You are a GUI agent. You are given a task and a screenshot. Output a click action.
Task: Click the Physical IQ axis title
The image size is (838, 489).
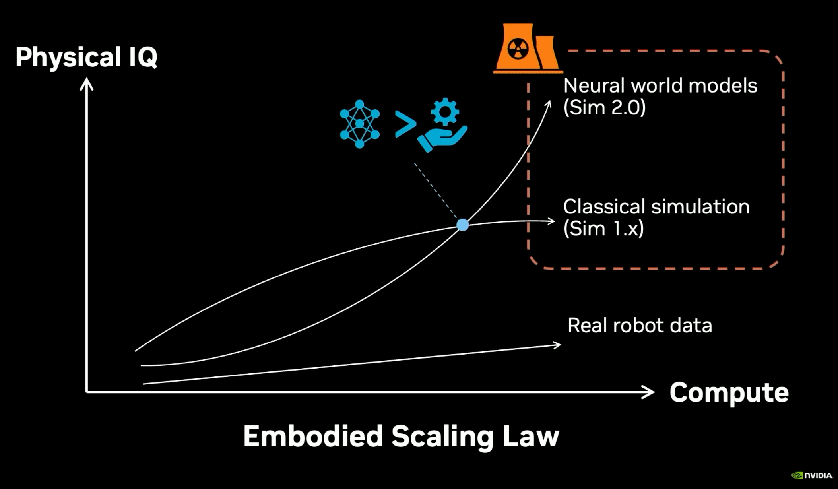86,57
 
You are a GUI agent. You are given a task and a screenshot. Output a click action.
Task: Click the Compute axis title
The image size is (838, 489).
729,392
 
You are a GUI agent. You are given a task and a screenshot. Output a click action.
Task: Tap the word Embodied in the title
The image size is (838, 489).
313,437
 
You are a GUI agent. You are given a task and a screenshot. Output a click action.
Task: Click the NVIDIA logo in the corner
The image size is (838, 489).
811,475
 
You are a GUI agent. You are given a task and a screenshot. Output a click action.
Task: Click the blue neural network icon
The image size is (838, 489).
359,124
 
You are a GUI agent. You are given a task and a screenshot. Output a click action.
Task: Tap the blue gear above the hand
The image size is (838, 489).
445,111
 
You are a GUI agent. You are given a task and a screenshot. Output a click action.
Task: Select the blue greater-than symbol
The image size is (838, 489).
405,124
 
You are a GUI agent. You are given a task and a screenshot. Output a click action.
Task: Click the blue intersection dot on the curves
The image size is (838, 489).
462,225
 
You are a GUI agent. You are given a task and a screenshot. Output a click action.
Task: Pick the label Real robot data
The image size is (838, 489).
639,326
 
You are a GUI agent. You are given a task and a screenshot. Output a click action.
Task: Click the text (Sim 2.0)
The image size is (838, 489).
604,107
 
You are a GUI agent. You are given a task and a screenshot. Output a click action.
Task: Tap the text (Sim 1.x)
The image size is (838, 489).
603,229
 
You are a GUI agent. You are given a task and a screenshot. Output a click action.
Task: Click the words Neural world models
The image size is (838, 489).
660,85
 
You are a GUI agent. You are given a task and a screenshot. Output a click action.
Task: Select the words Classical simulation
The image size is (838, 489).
656,207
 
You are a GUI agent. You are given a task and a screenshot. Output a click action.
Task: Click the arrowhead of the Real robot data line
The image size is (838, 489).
557,345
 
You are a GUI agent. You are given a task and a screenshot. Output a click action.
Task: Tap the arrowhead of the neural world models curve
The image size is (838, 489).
549,104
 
